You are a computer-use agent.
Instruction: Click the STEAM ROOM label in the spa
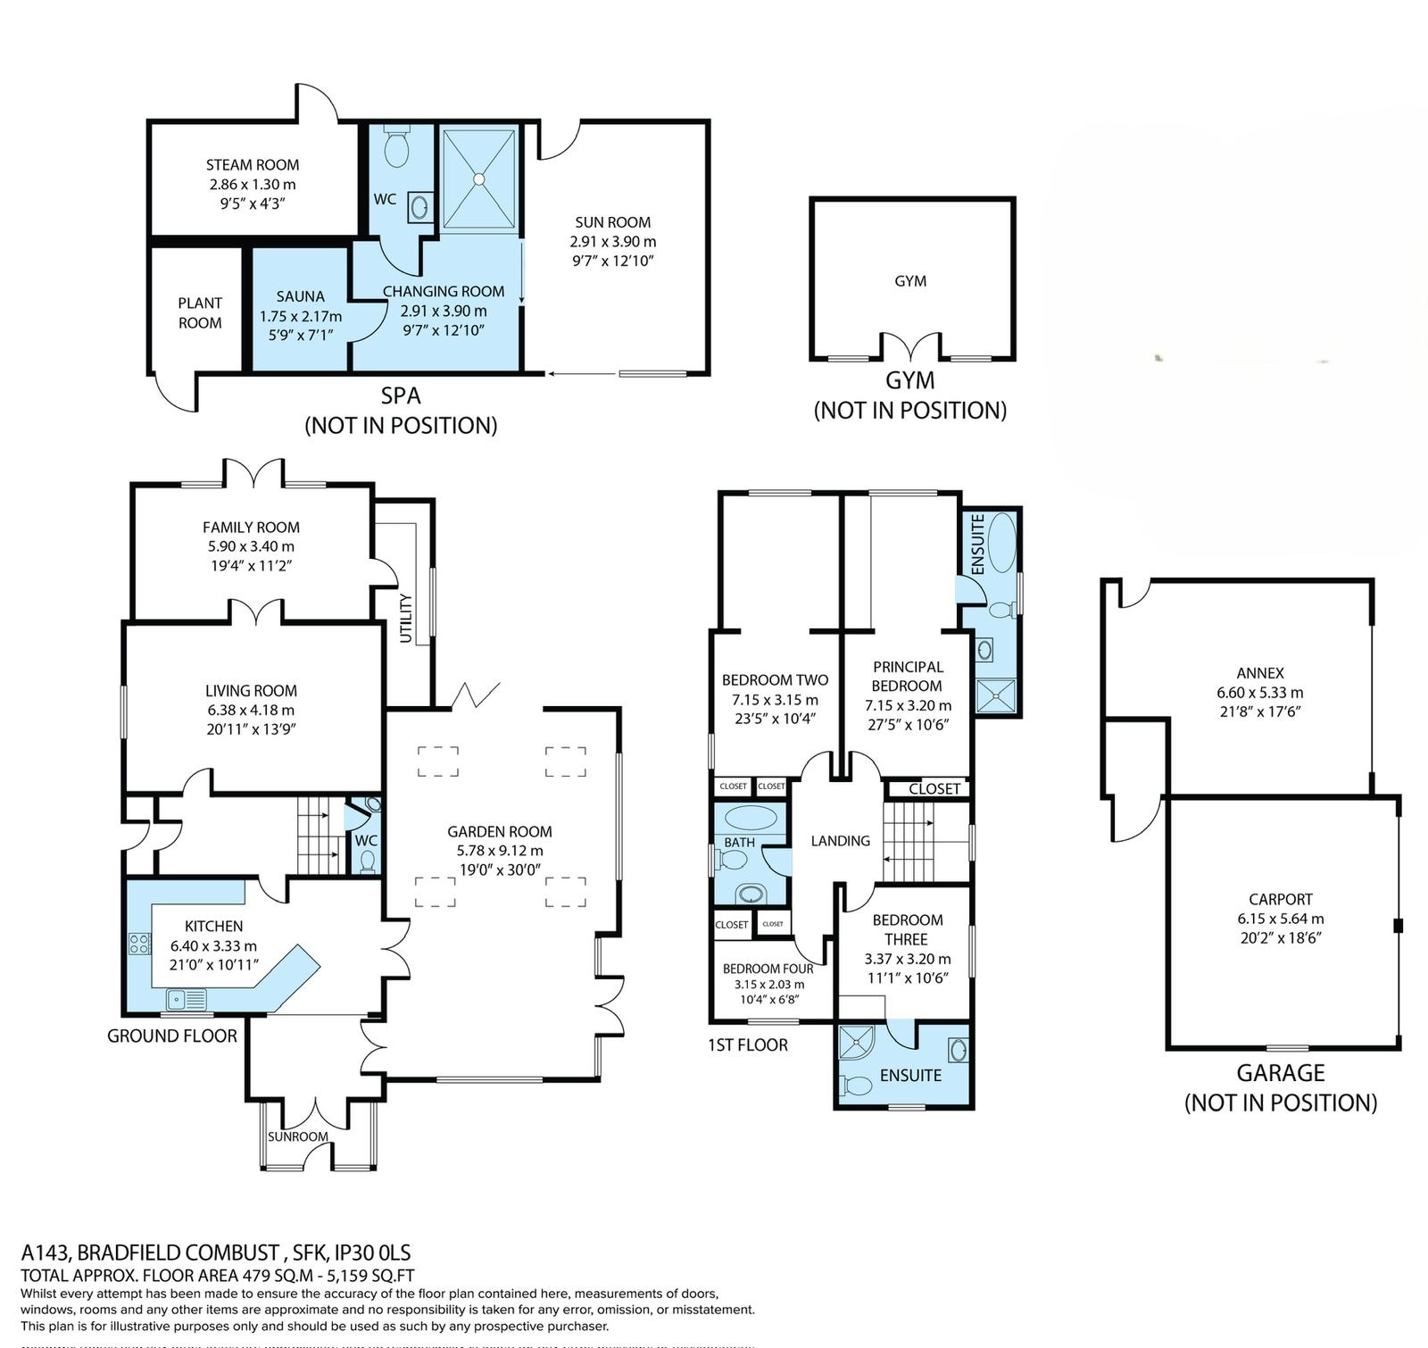click(x=253, y=165)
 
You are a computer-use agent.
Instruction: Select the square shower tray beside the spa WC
click(x=479, y=179)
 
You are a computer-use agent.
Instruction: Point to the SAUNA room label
click(x=300, y=296)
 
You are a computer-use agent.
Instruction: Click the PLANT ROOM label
click(x=200, y=313)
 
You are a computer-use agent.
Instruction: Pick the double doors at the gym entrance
click(x=910, y=346)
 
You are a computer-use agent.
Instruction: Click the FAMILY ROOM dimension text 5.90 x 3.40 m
click(x=251, y=546)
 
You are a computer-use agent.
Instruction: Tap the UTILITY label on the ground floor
click(x=406, y=618)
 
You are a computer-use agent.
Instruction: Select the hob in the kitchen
click(x=140, y=944)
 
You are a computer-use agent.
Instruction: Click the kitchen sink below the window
click(x=186, y=999)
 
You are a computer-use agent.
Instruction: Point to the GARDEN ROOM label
click(x=500, y=831)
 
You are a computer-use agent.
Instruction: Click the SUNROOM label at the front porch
click(x=298, y=1136)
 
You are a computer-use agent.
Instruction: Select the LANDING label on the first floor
click(x=840, y=841)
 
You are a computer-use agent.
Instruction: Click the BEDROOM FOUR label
click(x=768, y=969)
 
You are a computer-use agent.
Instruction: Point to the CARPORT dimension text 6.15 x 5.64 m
click(x=1281, y=919)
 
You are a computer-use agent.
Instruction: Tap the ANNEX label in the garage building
click(x=1260, y=673)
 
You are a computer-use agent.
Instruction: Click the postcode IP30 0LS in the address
click(x=368, y=1252)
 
